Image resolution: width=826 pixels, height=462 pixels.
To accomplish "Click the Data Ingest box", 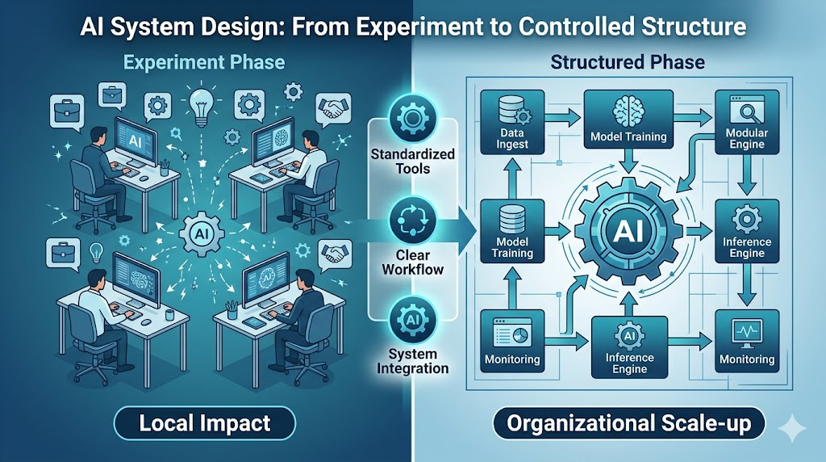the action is coord(512,122).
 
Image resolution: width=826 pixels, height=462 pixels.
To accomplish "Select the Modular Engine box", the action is coord(746,122).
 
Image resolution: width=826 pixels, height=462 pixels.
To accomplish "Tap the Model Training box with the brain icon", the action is coord(628,119).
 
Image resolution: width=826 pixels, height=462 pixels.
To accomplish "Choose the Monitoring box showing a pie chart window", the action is coord(512,341).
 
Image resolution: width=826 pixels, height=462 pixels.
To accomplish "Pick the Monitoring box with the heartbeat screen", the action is coord(746,341).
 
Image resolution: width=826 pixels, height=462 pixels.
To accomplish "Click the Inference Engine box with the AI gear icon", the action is coord(629,347).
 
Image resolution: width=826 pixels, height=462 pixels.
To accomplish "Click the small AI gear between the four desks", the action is coord(202,233).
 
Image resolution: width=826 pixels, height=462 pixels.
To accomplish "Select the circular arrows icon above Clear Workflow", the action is coord(413,220).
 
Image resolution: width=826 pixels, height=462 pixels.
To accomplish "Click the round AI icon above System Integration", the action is coord(413,320).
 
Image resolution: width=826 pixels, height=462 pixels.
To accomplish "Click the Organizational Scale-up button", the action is coord(628,423).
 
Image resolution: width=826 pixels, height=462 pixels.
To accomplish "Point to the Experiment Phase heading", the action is coord(204,62).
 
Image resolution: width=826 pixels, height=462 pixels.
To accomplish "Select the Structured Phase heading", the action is coord(628,62).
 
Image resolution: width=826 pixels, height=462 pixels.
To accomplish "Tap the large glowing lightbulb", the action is coord(201,106).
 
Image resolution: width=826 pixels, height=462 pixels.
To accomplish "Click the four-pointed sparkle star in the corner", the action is coord(791,428).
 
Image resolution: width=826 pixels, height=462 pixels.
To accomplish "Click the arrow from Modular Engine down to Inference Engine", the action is coord(746,175).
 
